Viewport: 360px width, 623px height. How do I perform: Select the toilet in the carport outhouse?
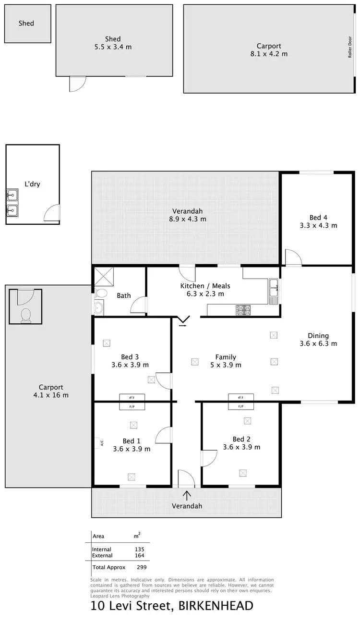26,315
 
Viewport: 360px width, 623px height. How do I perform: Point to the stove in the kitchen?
242,310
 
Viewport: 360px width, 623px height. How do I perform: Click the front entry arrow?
186,494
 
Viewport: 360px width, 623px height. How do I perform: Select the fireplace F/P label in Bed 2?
241,407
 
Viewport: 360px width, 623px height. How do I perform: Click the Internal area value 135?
139,549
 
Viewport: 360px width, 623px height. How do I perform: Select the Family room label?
225,357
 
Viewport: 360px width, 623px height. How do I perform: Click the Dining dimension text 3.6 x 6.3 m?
318,343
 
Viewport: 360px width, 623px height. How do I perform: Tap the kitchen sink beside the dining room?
274,291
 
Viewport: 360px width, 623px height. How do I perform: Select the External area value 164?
139,555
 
